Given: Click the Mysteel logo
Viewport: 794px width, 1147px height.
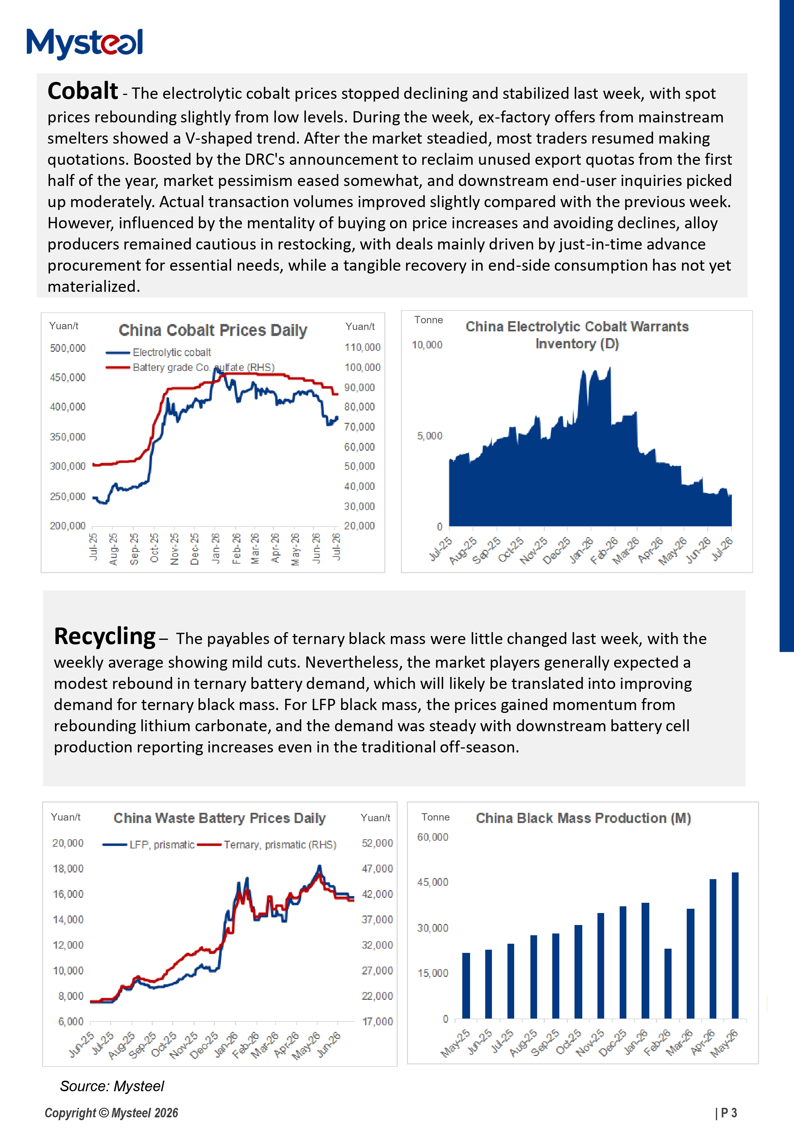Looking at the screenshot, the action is click(85, 43).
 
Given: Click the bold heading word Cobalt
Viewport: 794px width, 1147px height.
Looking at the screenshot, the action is click(83, 91).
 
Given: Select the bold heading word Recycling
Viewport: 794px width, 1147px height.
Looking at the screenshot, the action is click(104, 637).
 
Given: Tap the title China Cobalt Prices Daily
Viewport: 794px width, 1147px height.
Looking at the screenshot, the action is click(213, 330).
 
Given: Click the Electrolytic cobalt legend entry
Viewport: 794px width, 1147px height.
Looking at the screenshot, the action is click(158, 352).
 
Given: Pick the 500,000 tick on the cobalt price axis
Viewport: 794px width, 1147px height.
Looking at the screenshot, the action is click(68, 348).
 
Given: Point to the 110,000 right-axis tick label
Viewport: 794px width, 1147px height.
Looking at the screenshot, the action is click(362, 347).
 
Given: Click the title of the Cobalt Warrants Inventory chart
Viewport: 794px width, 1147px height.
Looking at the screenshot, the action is click(577, 335).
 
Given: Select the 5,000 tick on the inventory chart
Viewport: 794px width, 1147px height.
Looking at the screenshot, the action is click(429, 436).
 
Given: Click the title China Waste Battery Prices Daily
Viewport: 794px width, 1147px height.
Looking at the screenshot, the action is click(219, 818).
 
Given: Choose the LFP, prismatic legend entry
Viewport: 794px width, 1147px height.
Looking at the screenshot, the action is click(148, 845).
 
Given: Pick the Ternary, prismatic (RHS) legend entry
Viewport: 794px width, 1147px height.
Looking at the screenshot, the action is click(267, 845).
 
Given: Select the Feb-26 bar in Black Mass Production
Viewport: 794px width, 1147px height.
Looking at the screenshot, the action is click(668, 983).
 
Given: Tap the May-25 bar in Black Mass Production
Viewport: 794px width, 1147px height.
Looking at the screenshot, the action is click(466, 985).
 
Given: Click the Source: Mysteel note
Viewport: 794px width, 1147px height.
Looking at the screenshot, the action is click(112, 1086).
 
